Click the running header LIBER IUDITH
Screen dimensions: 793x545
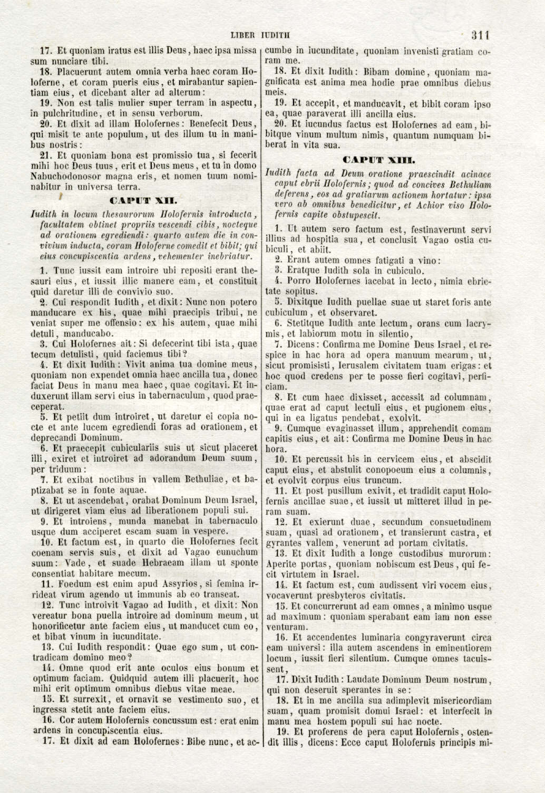[261, 36]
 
